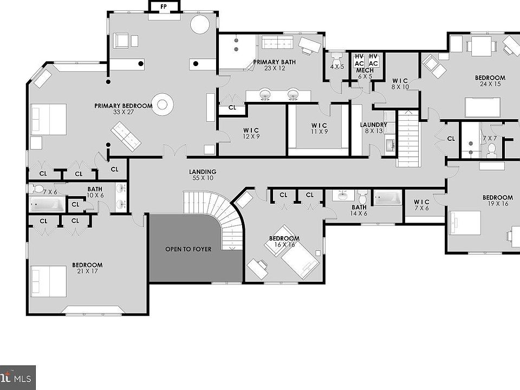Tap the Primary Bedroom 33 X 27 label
pyautogui.click(x=123, y=109)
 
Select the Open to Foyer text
pyautogui.click(x=188, y=249)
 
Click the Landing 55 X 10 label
pyautogui.click(x=203, y=175)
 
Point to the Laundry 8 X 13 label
pyautogui.click(x=373, y=128)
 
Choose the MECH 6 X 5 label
pyautogui.click(x=366, y=73)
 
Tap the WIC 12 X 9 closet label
pyautogui.click(x=251, y=133)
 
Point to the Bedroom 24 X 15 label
pyautogui.click(x=490, y=81)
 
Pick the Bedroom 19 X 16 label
pyautogui.click(x=497, y=200)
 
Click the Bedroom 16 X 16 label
pyautogui.click(x=284, y=242)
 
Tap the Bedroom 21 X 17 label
pyautogui.click(x=87, y=269)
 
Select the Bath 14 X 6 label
pyautogui.click(x=359, y=210)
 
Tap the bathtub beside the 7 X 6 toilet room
pyautogui.click(x=47, y=205)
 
